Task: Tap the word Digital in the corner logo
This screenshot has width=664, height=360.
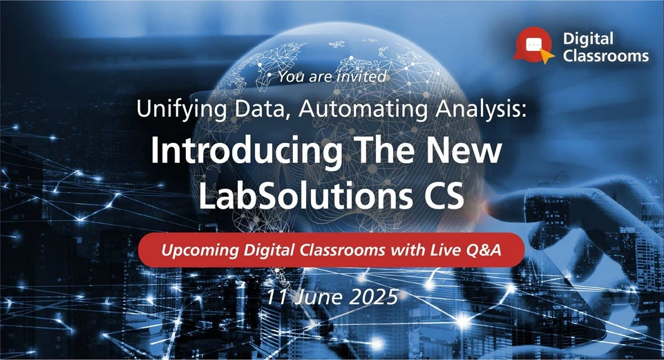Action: (588, 40)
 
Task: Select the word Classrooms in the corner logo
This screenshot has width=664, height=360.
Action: (606, 57)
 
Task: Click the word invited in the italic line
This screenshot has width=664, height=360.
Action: (361, 77)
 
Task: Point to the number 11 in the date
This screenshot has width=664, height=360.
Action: (276, 297)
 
